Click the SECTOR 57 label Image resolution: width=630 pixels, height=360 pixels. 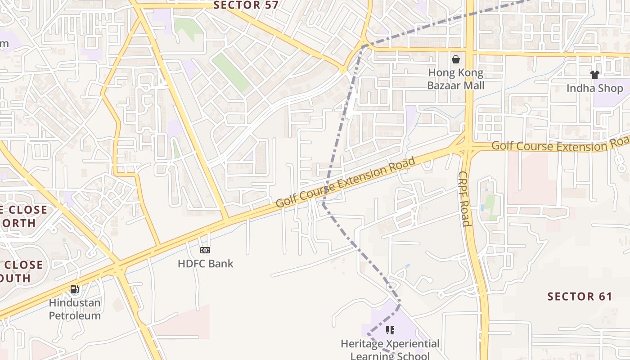point(246,5)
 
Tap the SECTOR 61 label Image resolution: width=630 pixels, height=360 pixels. point(580,297)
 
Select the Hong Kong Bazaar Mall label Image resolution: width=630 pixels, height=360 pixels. point(455,79)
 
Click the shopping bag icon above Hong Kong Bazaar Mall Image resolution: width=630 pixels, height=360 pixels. point(456,59)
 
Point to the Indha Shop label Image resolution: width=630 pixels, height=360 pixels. point(594,88)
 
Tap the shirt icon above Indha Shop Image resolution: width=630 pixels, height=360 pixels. point(594,74)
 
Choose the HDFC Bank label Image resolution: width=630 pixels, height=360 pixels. point(205,264)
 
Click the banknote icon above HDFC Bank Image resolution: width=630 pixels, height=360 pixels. point(205,250)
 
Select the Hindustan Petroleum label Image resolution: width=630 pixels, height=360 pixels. point(75,309)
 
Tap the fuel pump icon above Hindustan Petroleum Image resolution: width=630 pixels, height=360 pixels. point(75,289)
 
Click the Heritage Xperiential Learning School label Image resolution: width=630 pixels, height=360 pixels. point(390,350)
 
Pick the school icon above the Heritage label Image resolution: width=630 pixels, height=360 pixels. point(390,330)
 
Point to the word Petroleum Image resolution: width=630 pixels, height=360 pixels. point(75,315)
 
